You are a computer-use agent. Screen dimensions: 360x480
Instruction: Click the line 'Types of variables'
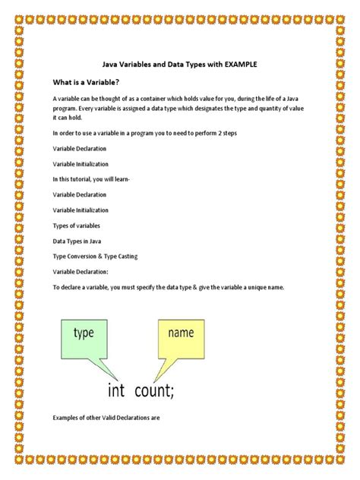pos(76,226)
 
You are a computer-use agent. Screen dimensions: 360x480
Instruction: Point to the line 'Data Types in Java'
pos(78,241)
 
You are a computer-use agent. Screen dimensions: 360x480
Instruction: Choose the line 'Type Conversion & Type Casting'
pos(95,257)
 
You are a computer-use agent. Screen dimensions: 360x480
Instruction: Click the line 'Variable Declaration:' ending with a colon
pos(81,272)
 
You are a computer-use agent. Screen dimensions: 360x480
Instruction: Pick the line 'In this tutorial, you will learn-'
pos(91,179)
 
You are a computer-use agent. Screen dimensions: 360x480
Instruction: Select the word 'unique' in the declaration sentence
pos(236,288)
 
